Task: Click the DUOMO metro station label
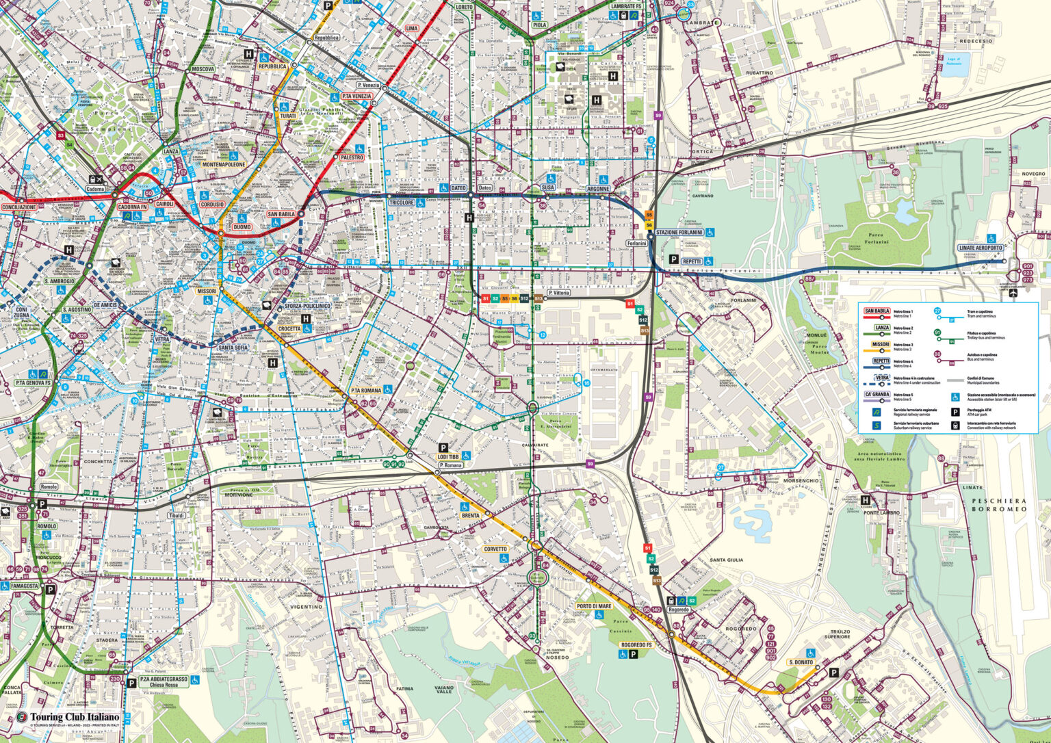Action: tap(242, 227)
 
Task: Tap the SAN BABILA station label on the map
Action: tap(281, 214)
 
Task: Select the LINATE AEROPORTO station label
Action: tap(981, 248)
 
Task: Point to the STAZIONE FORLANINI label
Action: tap(679, 233)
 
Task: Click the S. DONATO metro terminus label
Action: tap(801, 662)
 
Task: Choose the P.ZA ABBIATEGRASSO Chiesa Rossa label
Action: tap(163, 681)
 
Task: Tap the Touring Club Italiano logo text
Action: tap(74, 717)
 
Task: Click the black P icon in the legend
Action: tap(955, 413)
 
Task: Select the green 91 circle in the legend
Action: tap(937, 333)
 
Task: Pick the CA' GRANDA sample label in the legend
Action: tap(877, 395)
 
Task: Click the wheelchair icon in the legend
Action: tap(955, 397)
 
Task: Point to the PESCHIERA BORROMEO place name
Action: tap(999, 504)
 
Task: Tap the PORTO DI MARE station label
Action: tap(593, 606)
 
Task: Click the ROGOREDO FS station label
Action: tap(636, 644)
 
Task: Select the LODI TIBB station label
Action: tap(448, 456)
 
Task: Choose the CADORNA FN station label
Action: tap(132, 207)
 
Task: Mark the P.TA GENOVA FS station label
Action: tap(33, 383)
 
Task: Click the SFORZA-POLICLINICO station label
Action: tap(307, 306)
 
